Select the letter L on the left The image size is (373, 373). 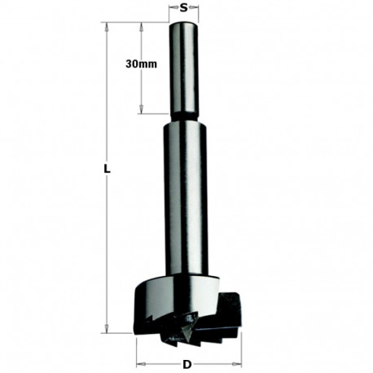tap(107, 170)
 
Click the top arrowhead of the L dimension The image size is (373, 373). tap(107, 27)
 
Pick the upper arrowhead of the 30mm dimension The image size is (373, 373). tap(143, 28)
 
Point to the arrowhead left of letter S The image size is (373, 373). tap(172, 9)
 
